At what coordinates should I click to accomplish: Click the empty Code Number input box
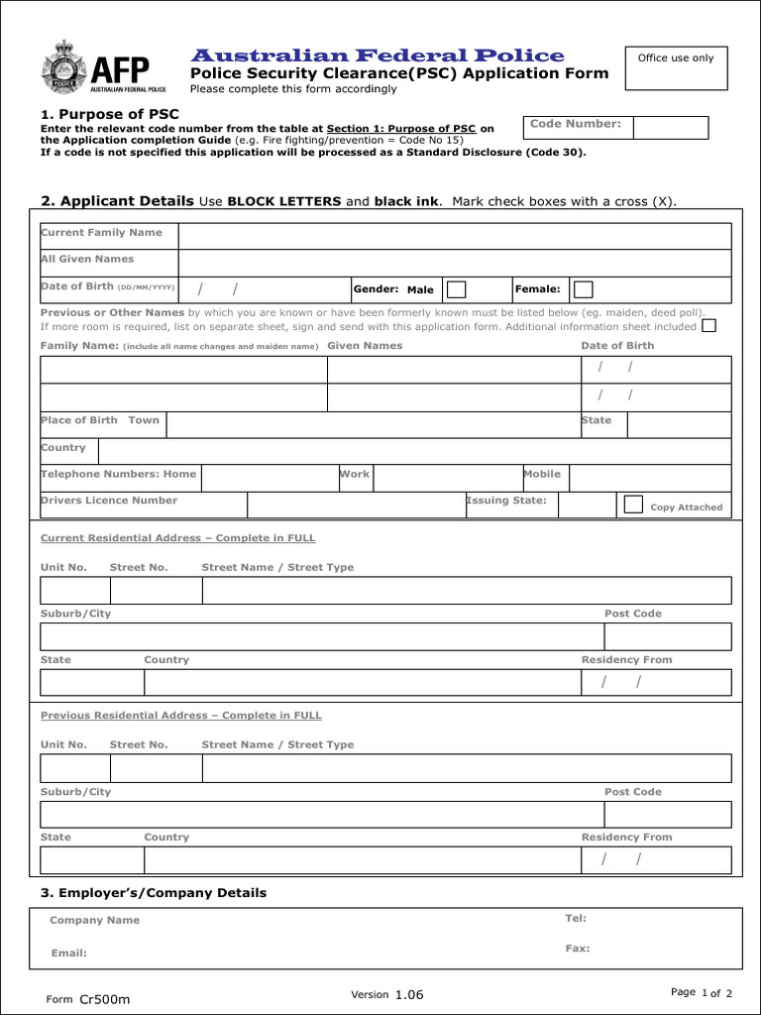coord(670,128)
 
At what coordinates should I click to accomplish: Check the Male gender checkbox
coord(456,289)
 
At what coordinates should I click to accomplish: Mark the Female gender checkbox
coord(584,289)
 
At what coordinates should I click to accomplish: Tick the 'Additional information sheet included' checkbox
coord(708,325)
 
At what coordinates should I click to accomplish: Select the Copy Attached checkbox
coord(633,505)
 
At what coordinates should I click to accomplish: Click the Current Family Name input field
coord(454,236)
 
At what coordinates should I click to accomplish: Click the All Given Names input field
coord(454,263)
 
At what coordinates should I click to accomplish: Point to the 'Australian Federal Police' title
coord(377,56)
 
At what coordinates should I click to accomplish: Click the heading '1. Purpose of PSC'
coord(110,115)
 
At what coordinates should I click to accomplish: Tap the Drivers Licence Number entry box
coord(356,505)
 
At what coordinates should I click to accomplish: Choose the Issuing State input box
coord(587,505)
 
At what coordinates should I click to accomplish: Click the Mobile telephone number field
coord(650,478)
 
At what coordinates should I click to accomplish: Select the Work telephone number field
coord(447,478)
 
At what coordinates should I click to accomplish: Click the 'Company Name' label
coord(95,920)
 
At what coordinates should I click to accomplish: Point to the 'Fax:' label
coord(578,949)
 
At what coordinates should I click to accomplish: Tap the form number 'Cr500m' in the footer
coord(105,999)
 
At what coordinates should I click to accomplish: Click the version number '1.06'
coord(408,994)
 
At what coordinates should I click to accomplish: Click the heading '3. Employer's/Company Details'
coord(154,893)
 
